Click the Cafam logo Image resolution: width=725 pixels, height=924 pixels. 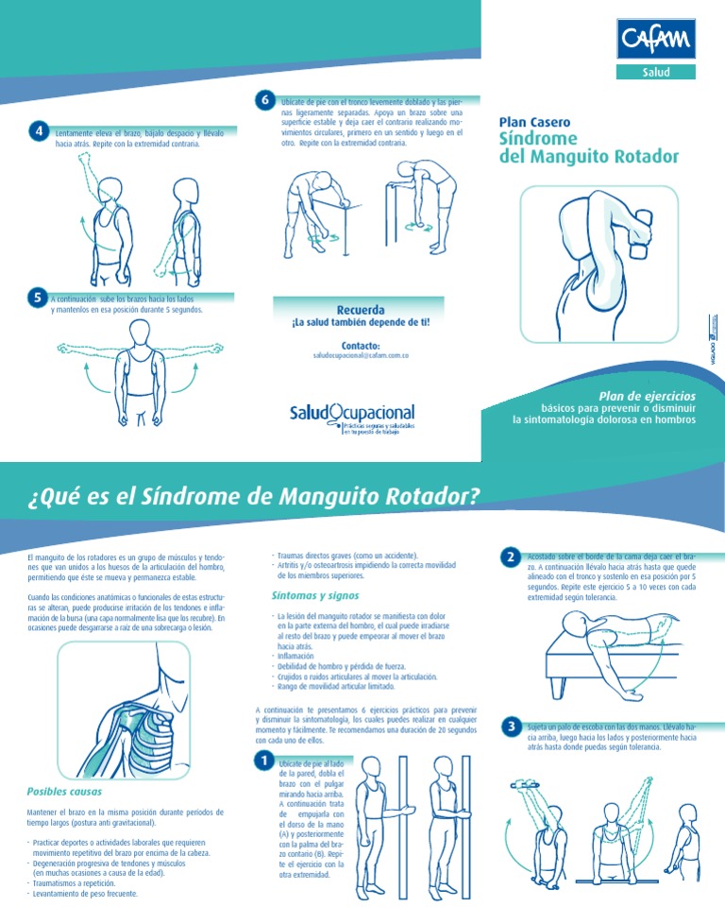point(657,41)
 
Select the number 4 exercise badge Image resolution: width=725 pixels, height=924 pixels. point(38,132)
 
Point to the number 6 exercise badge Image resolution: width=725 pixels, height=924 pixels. point(265,100)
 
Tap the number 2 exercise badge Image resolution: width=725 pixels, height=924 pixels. point(510,557)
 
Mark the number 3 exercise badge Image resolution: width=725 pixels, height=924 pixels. point(510,727)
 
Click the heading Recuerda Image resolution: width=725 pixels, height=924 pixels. point(361,310)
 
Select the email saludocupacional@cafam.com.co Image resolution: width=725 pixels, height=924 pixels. point(361,356)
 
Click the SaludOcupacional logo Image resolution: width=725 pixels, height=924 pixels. point(352,415)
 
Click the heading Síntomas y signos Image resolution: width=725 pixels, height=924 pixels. point(314,595)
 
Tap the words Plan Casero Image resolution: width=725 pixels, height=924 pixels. point(533,122)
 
